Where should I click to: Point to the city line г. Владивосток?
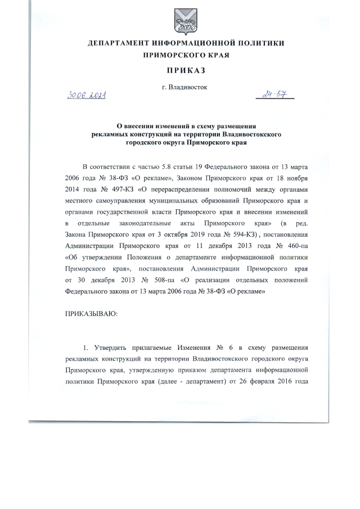click(x=184, y=88)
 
